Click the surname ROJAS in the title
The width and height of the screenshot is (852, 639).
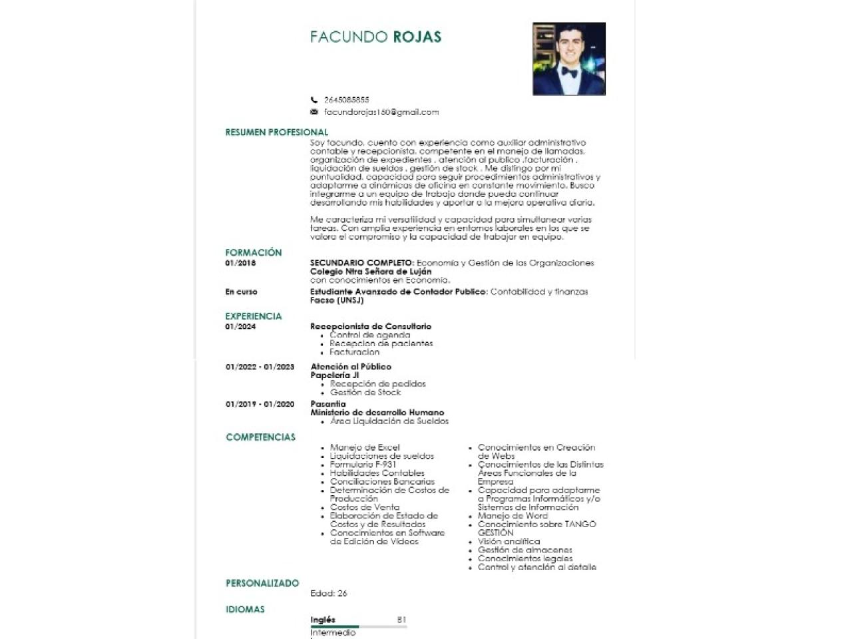417,37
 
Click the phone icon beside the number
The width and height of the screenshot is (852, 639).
314,100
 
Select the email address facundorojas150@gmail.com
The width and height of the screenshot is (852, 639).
381,112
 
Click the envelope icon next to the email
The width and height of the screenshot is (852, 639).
314,112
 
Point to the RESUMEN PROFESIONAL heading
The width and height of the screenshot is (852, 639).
276,132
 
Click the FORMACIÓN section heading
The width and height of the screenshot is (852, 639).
253,253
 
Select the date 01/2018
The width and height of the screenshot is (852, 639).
240,263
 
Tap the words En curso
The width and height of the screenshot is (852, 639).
241,292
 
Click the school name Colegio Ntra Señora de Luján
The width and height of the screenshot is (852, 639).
371,272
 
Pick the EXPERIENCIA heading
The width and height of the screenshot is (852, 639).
253,316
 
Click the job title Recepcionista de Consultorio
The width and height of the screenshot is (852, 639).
371,326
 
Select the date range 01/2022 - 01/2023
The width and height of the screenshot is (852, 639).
260,367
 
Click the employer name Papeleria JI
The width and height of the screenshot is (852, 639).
334,375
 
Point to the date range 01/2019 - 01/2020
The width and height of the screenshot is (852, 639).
260,404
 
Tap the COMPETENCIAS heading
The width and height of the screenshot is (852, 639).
260,437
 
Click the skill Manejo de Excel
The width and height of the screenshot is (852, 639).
365,447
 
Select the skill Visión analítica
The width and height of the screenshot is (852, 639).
509,541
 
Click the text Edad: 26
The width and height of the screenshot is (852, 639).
329,593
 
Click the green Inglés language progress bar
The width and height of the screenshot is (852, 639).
335,626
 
